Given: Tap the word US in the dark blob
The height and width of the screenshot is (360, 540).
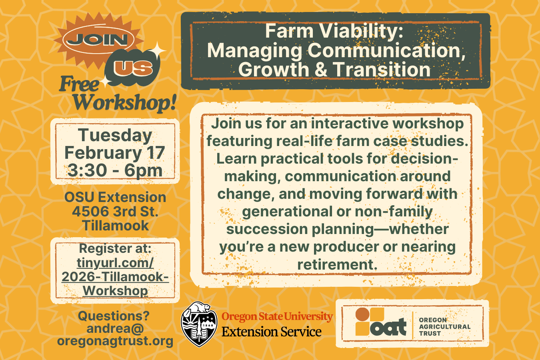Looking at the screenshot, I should tap(133, 68).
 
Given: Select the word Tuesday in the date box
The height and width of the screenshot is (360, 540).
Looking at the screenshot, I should tap(115, 135).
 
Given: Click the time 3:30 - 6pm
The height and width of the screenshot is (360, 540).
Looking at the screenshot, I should tap(115, 170).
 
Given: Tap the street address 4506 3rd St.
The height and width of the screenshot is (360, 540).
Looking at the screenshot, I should tap(115, 211).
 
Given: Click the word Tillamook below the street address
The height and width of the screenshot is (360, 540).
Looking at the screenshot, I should tap(115, 226).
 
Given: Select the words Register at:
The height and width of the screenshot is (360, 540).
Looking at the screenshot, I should tap(115, 248).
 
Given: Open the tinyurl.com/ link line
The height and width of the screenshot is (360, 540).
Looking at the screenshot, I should tap(115, 263).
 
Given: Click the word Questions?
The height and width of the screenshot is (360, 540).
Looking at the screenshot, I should tap(114, 316).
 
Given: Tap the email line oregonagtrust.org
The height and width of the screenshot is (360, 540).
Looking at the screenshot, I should tap(115, 341).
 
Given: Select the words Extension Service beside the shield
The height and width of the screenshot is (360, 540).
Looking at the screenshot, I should tap(272, 332).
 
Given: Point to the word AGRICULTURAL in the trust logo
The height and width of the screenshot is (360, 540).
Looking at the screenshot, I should tap(445, 327).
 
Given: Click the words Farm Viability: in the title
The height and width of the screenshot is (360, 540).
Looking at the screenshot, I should tap(334, 31).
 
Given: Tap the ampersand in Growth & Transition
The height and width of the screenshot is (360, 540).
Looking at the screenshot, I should tap(321, 70).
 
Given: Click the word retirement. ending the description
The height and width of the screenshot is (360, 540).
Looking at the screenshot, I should tap(337, 264).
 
